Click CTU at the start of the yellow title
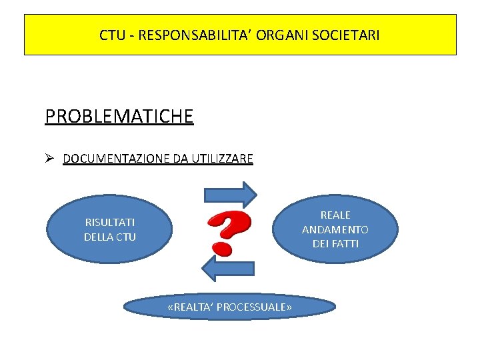pyautogui.click(x=112, y=35)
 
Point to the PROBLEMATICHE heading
pyautogui.click(x=119, y=116)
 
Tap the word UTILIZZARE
pyautogui.click(x=222, y=159)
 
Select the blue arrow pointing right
pyautogui.click(x=231, y=194)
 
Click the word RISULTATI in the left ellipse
pyautogui.click(x=109, y=223)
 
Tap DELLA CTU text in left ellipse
pyautogui.click(x=109, y=237)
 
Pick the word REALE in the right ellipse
pyautogui.click(x=335, y=215)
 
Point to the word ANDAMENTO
pyautogui.click(x=335, y=229)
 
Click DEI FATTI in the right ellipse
pyautogui.click(x=335, y=244)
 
